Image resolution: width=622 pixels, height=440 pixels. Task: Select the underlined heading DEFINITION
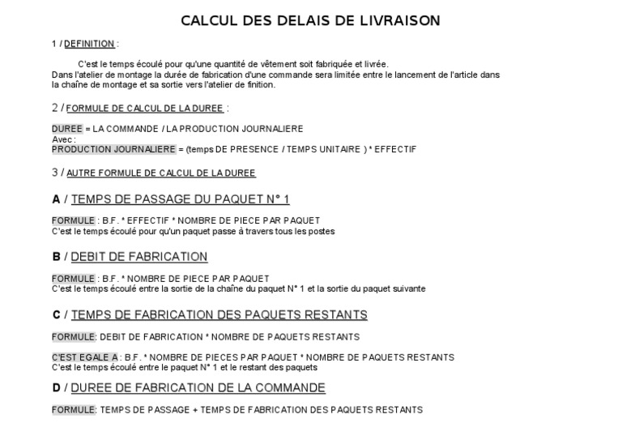(89, 44)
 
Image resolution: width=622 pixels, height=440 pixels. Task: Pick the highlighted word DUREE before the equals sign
(67, 129)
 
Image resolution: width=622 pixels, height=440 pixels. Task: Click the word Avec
(62, 139)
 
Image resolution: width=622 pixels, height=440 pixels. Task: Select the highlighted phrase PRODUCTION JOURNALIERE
(113, 149)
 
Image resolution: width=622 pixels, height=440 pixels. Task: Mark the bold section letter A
(56, 199)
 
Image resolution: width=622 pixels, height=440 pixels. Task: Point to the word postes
(321, 231)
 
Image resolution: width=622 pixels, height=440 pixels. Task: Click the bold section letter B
(56, 257)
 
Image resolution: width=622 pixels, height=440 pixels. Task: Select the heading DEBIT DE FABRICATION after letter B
(139, 257)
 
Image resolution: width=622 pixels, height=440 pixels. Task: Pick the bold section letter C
(56, 314)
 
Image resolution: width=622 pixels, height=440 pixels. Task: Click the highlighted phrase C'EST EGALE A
(86, 357)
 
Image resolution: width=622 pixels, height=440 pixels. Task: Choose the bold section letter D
(56, 387)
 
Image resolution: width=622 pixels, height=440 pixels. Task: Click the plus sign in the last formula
(196, 410)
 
